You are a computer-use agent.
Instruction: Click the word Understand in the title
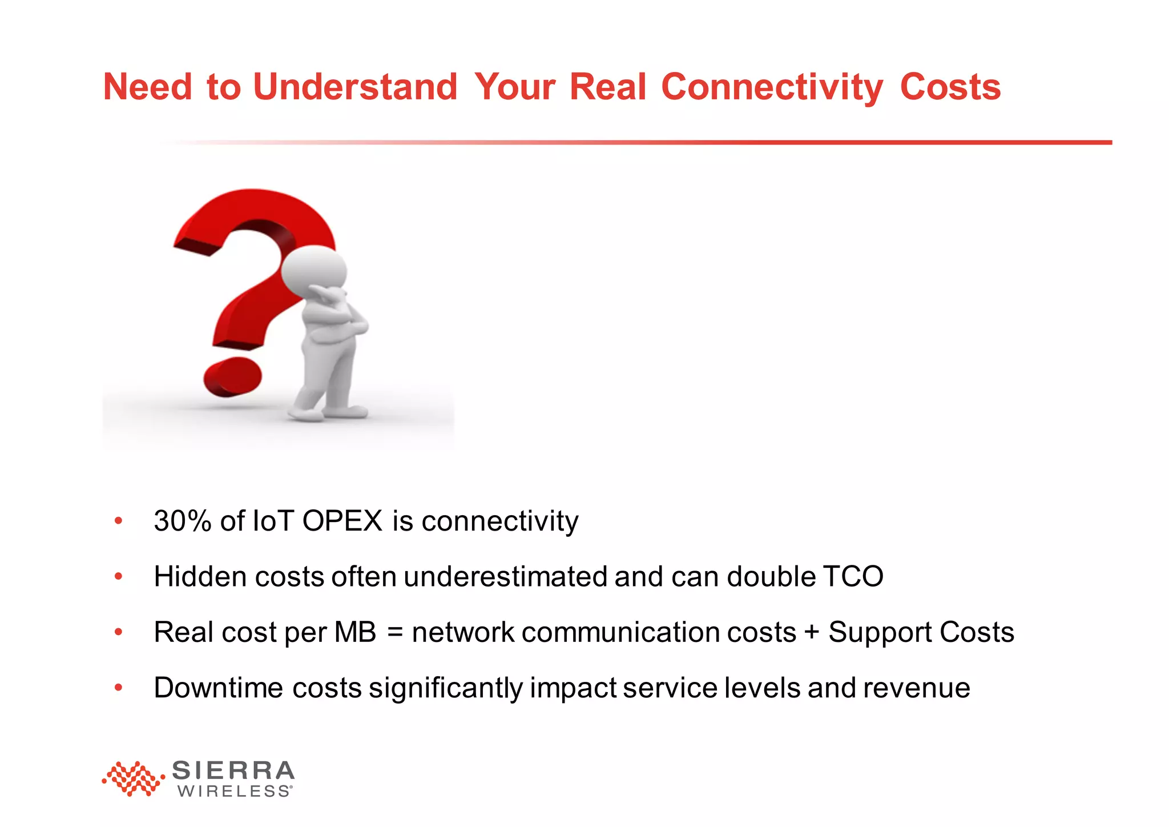tap(354, 87)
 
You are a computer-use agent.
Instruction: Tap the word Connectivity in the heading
tap(772, 87)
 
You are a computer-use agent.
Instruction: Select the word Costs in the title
tap(950, 87)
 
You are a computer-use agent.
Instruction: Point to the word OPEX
tap(342, 521)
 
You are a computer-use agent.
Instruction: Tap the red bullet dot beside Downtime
tap(118, 688)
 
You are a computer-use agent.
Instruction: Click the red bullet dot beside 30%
tap(118, 520)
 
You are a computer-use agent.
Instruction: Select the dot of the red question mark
tap(232, 377)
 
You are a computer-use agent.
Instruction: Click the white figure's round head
tap(314, 268)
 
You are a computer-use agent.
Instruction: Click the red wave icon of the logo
tap(133, 778)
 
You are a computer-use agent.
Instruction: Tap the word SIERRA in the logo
tap(233, 771)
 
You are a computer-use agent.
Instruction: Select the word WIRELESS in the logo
tap(234, 792)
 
